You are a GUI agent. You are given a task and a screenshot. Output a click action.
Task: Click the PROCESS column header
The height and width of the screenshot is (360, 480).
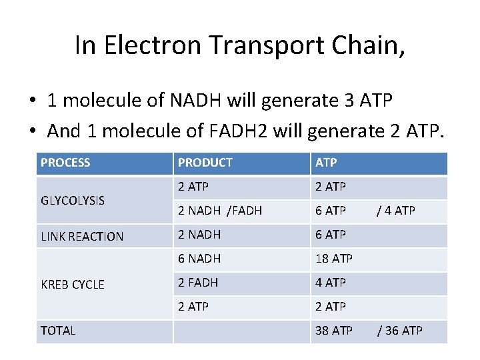click(65, 163)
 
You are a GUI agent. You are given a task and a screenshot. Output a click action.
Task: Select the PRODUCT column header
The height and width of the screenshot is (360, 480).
click(205, 163)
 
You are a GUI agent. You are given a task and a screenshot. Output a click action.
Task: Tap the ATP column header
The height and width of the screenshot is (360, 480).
click(326, 163)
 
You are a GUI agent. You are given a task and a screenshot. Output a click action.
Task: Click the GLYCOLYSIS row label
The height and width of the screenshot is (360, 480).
click(73, 200)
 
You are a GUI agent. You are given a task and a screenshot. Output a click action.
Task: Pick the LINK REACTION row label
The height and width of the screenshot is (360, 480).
click(82, 236)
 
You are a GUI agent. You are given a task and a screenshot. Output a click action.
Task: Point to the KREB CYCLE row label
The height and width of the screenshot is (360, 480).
click(73, 285)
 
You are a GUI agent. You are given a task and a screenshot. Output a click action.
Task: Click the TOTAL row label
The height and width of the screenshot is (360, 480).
click(58, 330)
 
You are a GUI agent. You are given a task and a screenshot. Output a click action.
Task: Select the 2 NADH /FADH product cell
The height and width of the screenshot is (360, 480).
click(219, 211)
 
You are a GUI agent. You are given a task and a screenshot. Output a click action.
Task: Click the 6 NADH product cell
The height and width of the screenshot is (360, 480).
click(199, 259)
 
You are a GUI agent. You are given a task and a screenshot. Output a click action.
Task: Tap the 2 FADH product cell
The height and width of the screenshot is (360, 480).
click(197, 283)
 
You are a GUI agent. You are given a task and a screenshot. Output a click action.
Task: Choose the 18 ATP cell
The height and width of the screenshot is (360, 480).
click(334, 259)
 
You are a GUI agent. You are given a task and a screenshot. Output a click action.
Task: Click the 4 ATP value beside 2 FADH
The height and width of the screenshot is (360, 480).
click(331, 283)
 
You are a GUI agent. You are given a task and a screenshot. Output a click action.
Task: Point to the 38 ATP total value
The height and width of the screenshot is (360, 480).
click(334, 330)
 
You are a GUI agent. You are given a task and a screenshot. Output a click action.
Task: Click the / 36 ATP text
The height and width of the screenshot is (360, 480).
click(399, 330)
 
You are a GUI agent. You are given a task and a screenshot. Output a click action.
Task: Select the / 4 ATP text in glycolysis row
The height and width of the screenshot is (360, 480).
click(396, 211)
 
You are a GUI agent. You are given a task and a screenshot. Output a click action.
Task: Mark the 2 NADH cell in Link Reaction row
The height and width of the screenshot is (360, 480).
click(199, 235)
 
